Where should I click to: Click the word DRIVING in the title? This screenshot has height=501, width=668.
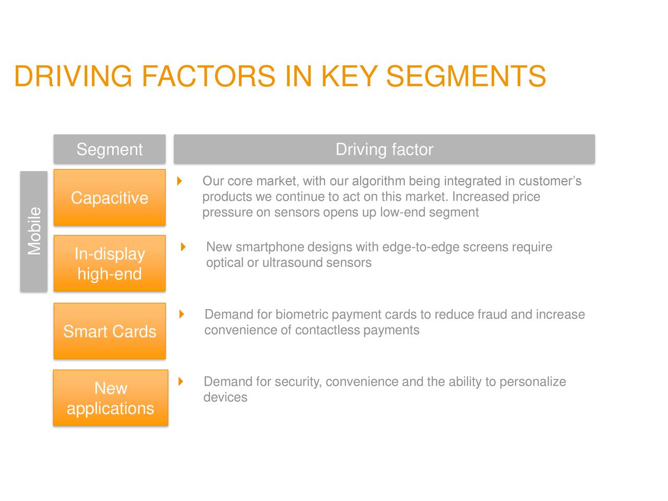[x=73, y=76]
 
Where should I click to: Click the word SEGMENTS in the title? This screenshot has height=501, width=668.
[x=466, y=76]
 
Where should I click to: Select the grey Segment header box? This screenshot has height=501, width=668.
[x=110, y=149]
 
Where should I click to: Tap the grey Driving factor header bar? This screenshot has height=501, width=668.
[x=384, y=149]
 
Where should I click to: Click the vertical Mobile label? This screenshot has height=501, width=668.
[x=34, y=231]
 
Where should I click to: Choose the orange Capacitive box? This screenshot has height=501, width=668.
[x=110, y=198]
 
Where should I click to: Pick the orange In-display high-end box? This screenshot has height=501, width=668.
[x=110, y=264]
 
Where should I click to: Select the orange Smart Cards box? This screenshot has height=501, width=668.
[x=110, y=331]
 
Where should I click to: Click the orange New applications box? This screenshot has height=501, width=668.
[x=110, y=398]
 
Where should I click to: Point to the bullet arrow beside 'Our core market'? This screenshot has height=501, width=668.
[x=180, y=181]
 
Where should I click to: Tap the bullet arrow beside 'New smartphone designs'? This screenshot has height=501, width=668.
[x=183, y=247]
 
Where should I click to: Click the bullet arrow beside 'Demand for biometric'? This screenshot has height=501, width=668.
[x=182, y=314]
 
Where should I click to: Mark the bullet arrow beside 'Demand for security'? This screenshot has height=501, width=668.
[x=181, y=381]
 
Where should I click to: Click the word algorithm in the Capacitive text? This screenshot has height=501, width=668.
[x=378, y=181]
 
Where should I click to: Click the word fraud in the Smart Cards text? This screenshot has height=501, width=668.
[x=492, y=314]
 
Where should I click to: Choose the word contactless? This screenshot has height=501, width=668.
[x=327, y=330]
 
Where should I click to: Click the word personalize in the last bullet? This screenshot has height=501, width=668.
[x=532, y=381]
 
